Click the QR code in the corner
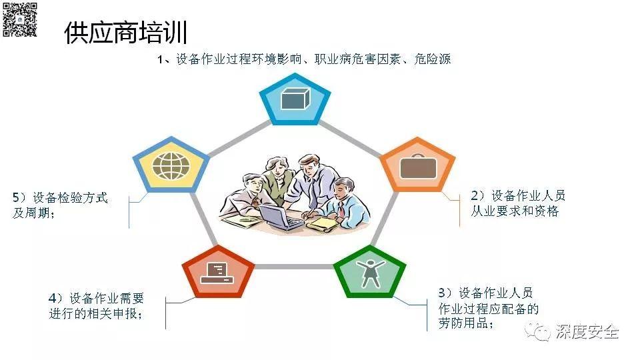point(19,19)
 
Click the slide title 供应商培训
point(125,33)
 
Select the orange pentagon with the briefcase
point(417,165)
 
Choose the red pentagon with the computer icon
point(219,271)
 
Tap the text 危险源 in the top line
point(432,59)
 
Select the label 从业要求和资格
point(515,211)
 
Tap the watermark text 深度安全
point(587,331)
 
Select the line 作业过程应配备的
point(488,309)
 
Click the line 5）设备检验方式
point(60,198)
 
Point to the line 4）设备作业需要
point(96,298)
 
